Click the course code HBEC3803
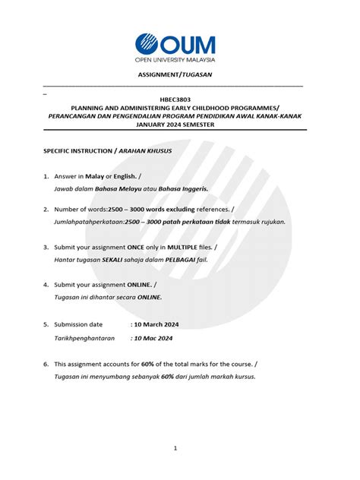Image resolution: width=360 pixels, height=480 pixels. (175, 99)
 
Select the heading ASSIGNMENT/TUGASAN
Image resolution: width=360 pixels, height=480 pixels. (175, 74)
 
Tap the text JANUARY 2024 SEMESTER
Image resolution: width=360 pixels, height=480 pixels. (175, 125)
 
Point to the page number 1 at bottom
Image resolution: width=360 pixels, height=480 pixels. (175, 448)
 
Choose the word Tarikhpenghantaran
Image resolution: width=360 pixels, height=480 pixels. (84, 338)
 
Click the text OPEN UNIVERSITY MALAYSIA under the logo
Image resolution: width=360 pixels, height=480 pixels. (175, 59)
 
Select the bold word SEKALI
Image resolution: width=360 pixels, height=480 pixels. (108, 260)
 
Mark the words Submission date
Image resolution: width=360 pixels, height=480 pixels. (78, 324)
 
